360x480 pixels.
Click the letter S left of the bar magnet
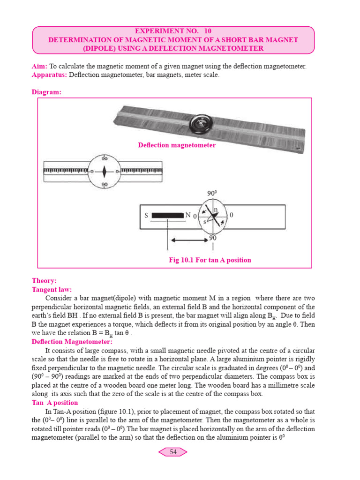tap(146, 216)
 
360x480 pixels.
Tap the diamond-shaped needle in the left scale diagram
tap(105, 171)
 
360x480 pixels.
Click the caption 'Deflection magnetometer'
tap(177, 145)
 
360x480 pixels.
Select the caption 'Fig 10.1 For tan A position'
tap(210, 260)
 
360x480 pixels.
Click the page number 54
tap(173, 452)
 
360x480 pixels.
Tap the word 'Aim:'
tap(39, 67)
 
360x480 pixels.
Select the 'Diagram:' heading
tap(46, 92)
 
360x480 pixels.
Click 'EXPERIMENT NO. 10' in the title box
tap(173, 31)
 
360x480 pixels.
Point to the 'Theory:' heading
tap(44, 281)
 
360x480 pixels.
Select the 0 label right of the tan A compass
tap(232, 215)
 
